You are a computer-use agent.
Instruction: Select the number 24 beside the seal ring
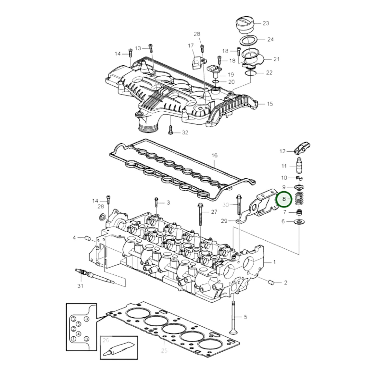pyautogui.click(x=270, y=40)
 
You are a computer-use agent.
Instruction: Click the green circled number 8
pyautogui.click(x=284, y=199)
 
